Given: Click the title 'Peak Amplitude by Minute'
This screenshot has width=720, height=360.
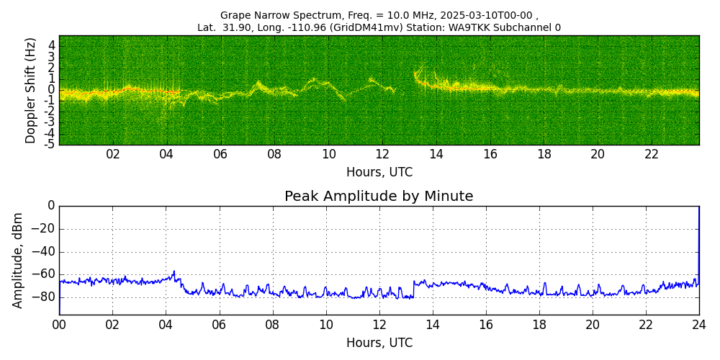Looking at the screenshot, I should click(x=379, y=197).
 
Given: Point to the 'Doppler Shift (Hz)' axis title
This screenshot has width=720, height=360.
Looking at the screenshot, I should click(x=30, y=91).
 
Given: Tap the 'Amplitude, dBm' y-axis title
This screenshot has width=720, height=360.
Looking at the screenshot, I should click(x=18, y=260).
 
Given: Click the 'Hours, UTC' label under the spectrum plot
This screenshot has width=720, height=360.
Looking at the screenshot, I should click(x=379, y=173).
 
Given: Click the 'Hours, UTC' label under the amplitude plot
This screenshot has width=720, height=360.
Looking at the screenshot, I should click(x=379, y=343).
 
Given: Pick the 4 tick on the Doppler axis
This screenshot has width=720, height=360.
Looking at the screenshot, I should click(x=51, y=45).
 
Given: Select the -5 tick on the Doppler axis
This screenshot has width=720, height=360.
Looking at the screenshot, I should click(x=49, y=145).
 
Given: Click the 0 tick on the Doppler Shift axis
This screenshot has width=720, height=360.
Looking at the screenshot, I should click(x=51, y=89).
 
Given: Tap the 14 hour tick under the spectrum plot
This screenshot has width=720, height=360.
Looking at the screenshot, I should click(x=436, y=155).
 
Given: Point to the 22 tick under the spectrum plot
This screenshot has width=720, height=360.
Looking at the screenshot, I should click(x=651, y=155).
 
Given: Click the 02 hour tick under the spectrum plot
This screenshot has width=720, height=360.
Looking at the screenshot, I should click(x=113, y=155).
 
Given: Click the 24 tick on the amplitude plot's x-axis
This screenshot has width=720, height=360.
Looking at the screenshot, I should click(x=699, y=325).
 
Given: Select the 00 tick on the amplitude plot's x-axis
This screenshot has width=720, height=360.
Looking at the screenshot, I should click(x=59, y=325).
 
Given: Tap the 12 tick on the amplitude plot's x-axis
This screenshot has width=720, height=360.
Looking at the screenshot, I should click(x=379, y=325).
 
